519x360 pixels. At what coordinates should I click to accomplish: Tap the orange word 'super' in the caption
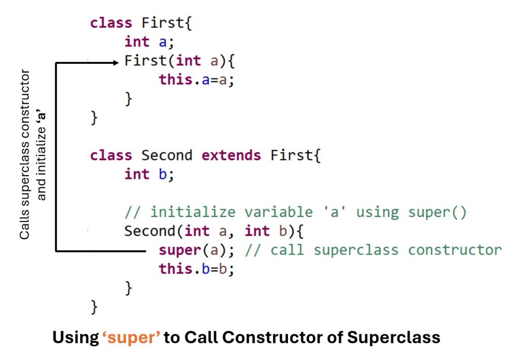point(132,338)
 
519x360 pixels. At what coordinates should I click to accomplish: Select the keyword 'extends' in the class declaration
point(231,155)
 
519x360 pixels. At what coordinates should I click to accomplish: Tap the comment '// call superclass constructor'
point(373,250)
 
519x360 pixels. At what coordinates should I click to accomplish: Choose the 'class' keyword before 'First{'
point(111,23)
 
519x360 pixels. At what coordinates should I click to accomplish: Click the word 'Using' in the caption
point(75,338)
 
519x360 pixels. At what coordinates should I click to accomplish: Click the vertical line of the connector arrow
point(55,157)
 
